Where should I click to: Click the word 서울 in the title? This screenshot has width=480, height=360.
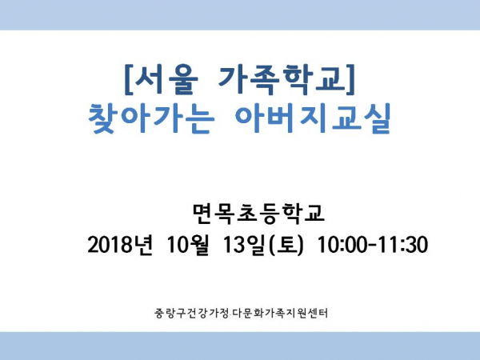click(x=166, y=79)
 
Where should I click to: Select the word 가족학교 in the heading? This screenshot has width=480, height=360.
click(x=282, y=79)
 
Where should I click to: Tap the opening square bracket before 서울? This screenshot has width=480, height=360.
click(x=128, y=79)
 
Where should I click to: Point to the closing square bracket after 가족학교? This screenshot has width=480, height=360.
click(x=351, y=79)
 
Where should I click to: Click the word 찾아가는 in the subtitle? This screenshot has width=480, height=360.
click(x=150, y=118)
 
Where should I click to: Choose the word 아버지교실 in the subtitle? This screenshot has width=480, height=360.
click(x=314, y=118)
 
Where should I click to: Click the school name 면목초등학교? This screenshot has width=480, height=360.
click(x=258, y=213)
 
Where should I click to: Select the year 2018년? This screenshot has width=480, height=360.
click(x=120, y=245)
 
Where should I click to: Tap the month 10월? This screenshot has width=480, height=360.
click(x=188, y=245)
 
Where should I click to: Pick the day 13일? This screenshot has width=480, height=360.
click(x=244, y=245)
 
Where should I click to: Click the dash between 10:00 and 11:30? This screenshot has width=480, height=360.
click(x=373, y=246)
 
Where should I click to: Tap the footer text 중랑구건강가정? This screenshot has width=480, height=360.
click(x=192, y=313)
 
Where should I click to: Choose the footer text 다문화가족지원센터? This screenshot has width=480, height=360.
click(x=280, y=313)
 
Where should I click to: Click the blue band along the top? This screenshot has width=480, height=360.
click(x=240, y=15)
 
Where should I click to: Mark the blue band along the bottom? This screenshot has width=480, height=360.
click(x=240, y=346)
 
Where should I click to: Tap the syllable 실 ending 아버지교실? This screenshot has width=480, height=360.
click(x=376, y=118)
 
